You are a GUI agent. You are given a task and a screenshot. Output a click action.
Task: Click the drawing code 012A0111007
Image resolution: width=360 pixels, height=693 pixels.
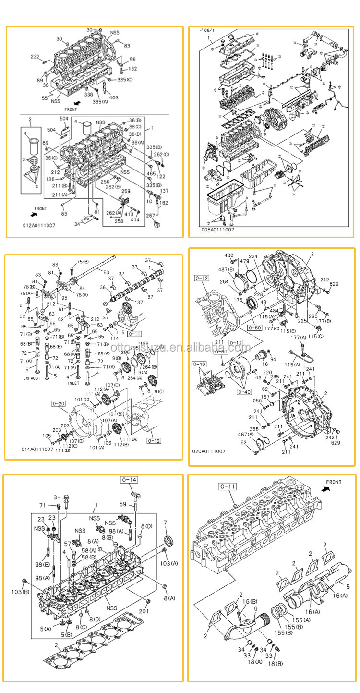(38, 224)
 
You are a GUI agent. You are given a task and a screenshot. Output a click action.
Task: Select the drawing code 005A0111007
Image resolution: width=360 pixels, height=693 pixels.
(218, 230)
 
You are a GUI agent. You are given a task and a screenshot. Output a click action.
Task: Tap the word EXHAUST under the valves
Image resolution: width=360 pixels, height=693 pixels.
(33, 378)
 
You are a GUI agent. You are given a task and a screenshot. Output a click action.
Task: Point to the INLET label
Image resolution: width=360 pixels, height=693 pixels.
(73, 383)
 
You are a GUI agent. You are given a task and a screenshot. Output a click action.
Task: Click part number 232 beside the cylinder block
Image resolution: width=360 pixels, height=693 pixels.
(35, 57)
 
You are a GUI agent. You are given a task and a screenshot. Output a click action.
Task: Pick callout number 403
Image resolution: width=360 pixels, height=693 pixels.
(114, 98)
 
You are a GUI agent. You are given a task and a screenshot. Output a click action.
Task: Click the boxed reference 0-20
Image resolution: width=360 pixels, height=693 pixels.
(58, 404)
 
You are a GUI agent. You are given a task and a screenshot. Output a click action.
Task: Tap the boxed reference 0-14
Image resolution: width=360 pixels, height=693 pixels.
(129, 480)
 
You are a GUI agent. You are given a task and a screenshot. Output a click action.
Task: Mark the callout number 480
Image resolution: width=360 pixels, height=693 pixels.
(229, 255)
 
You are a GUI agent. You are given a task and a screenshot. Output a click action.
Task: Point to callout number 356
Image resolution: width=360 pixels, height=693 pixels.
(254, 429)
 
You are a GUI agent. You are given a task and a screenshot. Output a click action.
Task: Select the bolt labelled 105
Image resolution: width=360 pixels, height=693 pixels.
(47, 436)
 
